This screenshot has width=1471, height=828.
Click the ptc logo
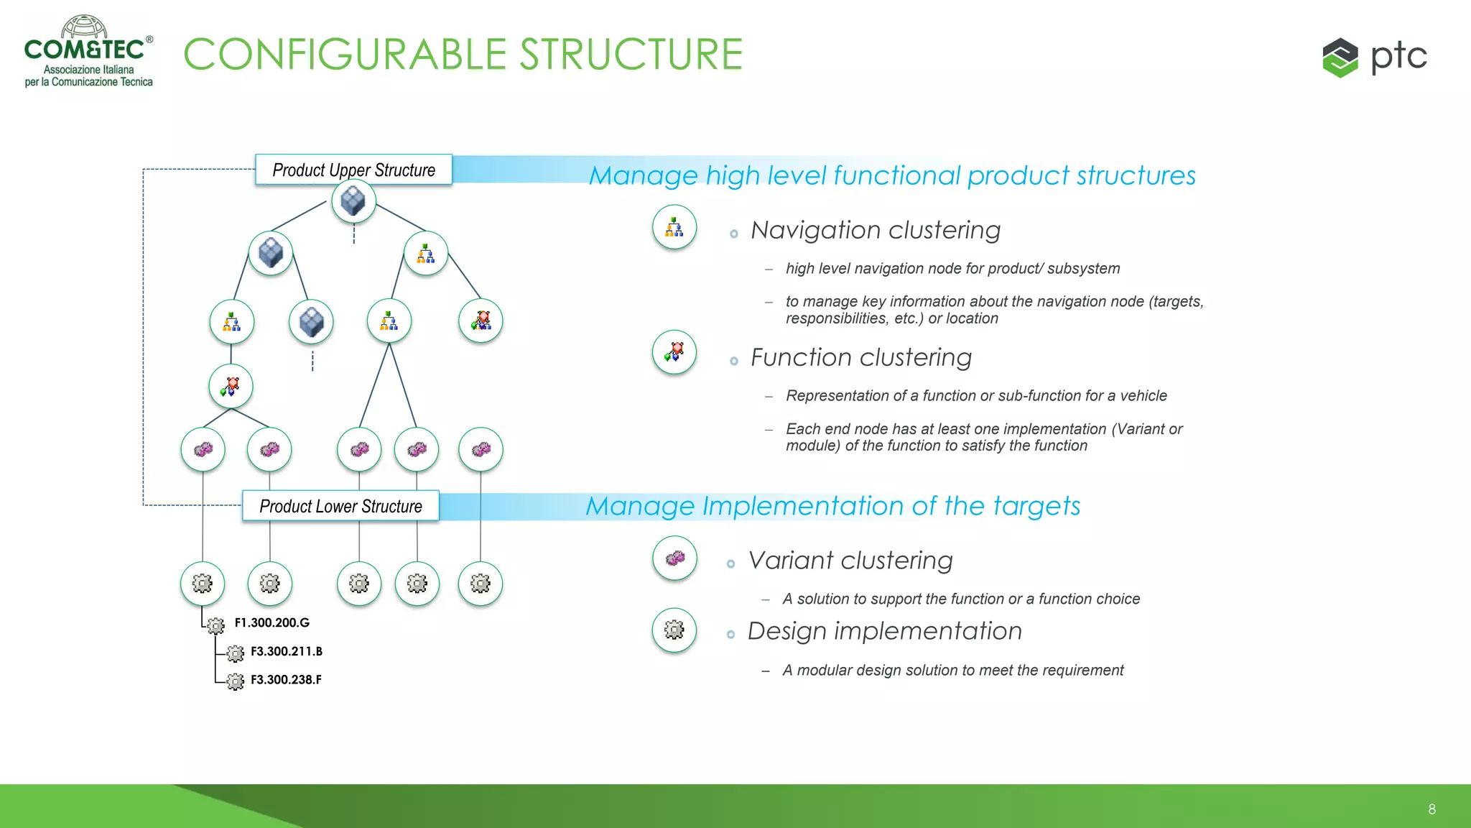tap(1374, 57)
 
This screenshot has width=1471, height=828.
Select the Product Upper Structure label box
tap(353, 170)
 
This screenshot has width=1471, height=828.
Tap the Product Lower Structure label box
tap(340, 506)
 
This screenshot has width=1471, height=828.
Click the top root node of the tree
tap(353, 201)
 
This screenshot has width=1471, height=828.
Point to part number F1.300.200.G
tap(272, 622)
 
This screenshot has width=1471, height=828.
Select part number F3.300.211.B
tap(286, 651)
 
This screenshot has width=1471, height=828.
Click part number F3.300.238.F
tap(286, 679)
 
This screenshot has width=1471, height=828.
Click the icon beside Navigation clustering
tap(674, 228)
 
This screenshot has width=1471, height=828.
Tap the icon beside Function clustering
tap(674, 352)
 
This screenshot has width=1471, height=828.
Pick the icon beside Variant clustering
tap(674, 558)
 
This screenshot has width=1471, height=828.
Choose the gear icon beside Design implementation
tap(674, 630)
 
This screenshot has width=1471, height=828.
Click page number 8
tap(1431, 809)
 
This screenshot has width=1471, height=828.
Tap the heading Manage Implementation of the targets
tap(832, 506)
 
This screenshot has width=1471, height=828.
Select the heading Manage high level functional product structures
tap(892, 175)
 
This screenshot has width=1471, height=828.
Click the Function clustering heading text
tap(860, 357)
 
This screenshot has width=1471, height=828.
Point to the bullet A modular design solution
tap(952, 670)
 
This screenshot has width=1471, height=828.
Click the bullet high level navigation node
tap(952, 268)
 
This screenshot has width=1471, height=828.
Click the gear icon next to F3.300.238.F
tap(236, 681)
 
